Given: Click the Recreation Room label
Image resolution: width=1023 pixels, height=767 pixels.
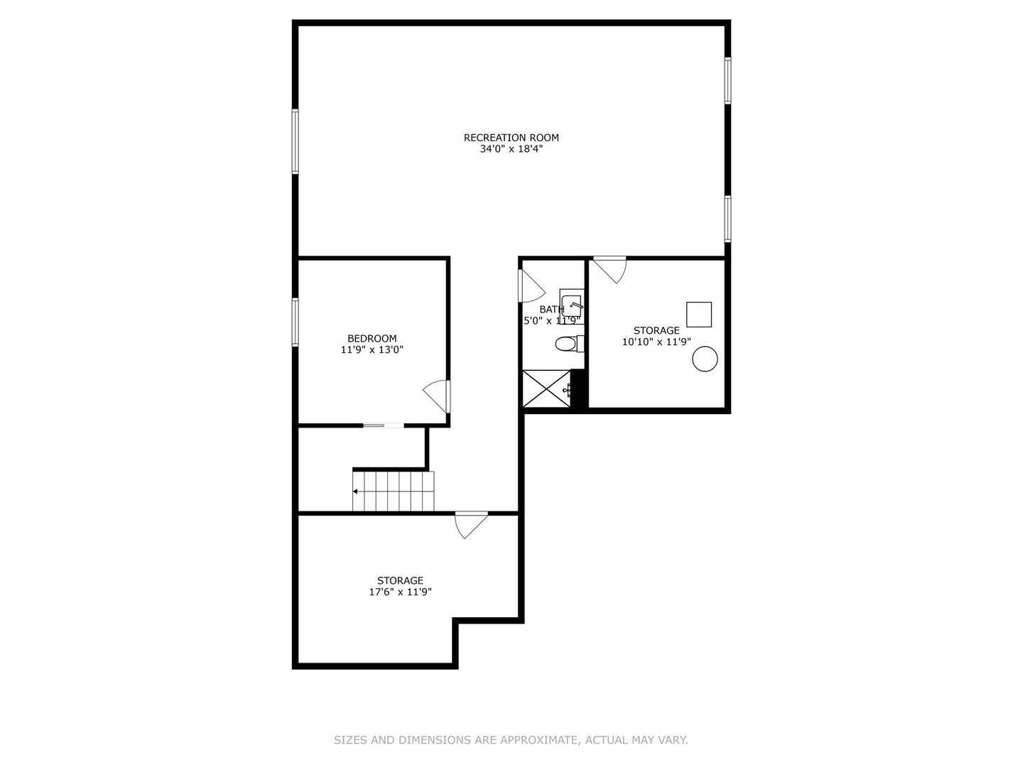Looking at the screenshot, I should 511,138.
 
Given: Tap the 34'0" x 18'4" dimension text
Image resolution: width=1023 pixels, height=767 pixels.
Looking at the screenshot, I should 511,149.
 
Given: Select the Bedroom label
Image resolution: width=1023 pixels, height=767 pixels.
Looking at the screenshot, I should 372,339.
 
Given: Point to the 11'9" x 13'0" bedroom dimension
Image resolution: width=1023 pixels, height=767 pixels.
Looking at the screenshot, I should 372,349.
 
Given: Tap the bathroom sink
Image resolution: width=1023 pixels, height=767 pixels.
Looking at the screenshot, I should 571,305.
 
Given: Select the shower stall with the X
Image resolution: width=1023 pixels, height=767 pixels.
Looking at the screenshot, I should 546,388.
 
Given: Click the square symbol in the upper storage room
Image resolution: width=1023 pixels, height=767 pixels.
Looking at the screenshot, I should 698,315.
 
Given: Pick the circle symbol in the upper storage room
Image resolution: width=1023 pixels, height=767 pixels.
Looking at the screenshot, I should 705,359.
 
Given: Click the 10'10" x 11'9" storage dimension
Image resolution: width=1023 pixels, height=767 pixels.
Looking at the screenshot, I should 656,342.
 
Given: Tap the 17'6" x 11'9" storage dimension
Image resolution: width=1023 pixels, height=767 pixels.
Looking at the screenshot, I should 400,592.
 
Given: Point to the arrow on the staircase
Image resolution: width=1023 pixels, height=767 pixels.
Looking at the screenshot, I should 356,491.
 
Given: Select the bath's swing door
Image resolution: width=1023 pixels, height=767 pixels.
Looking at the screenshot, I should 531,286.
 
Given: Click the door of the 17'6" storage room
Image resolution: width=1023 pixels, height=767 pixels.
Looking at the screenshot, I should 470,524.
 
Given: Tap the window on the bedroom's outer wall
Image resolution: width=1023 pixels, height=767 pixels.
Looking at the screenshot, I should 295,322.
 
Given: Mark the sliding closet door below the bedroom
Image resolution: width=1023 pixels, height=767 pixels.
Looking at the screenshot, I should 383,425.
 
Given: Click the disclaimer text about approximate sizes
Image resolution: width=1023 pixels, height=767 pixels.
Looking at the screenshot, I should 511,740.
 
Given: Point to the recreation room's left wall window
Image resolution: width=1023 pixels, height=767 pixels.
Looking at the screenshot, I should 295,141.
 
